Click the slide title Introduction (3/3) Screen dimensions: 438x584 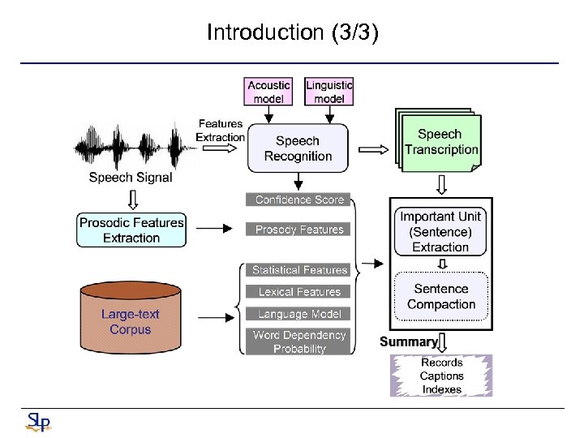(292, 32)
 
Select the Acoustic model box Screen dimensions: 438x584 (268, 91)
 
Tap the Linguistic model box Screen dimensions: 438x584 (329, 91)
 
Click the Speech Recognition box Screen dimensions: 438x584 (298, 148)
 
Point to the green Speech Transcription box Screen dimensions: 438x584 (441, 142)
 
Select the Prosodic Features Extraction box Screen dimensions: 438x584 (131, 230)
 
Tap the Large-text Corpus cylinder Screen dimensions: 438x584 (131, 320)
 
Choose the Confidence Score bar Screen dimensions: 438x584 (298, 200)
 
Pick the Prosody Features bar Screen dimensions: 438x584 (298, 230)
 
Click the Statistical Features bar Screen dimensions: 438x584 (298, 270)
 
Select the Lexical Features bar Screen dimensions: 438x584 (298, 292)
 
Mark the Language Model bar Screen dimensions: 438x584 (298, 314)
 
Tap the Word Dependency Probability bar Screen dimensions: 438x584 (298, 341)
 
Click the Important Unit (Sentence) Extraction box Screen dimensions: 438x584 (440, 231)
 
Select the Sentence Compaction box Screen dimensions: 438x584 (441, 297)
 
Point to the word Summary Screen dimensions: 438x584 (408, 341)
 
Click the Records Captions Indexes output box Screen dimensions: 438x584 (442, 376)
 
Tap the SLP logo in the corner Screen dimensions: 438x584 (37, 422)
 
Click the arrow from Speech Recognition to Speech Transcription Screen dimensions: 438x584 (373, 149)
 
